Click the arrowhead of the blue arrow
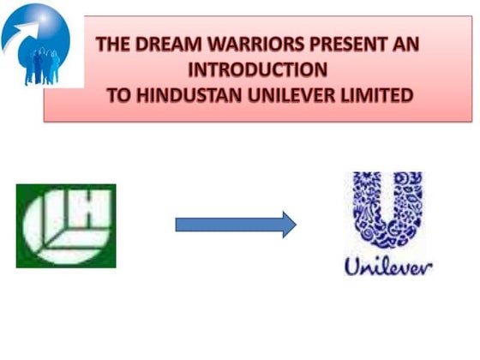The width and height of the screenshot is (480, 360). [x=288, y=225]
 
